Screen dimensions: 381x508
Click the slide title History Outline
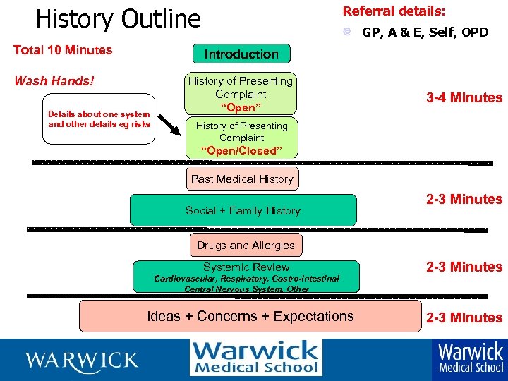[x=118, y=19]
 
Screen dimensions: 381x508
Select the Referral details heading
[x=394, y=11]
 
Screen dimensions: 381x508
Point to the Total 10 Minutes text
[x=63, y=50]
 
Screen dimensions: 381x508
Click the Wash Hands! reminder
[x=54, y=80]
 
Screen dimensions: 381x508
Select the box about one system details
[x=99, y=119]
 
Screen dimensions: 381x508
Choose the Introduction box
[x=241, y=54]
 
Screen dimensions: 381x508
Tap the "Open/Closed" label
[x=241, y=151]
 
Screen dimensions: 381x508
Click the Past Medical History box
[x=242, y=179]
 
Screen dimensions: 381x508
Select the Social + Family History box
[x=243, y=210]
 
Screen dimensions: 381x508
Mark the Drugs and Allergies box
[x=246, y=246]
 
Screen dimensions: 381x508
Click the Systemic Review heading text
[x=246, y=267]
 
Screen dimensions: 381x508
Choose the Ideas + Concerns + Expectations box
[x=250, y=316]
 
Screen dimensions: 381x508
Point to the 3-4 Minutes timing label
[x=464, y=98]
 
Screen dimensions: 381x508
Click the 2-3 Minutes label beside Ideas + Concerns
[x=464, y=317]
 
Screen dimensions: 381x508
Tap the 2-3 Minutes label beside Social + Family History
[x=464, y=200]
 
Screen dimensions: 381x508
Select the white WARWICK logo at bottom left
[x=82, y=361]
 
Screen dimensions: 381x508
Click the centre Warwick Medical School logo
[x=255, y=358]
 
